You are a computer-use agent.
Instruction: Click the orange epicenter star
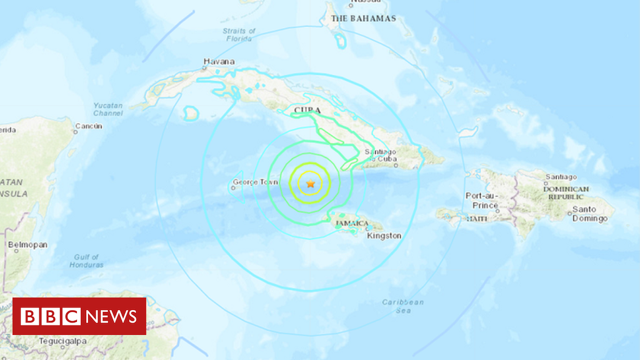click(x=310, y=184)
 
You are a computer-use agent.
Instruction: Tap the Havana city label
click(x=219, y=62)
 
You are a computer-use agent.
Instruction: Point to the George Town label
click(x=254, y=183)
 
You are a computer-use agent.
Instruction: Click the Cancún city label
click(x=89, y=127)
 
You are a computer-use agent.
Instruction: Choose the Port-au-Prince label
click(x=482, y=200)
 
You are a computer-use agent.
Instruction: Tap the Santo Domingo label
click(x=590, y=214)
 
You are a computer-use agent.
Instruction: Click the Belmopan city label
click(x=27, y=245)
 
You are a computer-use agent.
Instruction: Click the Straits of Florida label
click(x=239, y=34)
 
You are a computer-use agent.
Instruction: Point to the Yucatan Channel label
click(x=107, y=109)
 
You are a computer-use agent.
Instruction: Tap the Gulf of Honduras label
click(x=86, y=261)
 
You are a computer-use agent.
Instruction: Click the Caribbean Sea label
click(x=403, y=306)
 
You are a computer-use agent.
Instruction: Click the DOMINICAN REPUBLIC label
click(x=566, y=192)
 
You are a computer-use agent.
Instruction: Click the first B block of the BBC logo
click(x=29, y=316)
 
